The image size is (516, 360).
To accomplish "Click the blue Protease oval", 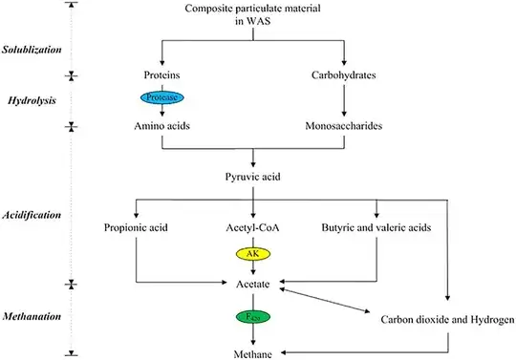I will click(x=165, y=97).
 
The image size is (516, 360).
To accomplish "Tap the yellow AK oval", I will click(x=251, y=255).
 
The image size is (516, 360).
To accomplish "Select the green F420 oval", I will click(x=251, y=316).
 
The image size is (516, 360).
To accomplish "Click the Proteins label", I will click(x=164, y=74).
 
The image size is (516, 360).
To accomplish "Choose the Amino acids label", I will click(x=164, y=125).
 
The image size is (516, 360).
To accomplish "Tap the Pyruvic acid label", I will click(x=252, y=177).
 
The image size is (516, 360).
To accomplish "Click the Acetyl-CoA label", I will click(x=252, y=227).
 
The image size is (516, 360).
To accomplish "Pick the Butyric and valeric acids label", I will click(x=376, y=227).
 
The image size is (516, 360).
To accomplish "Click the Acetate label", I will click(x=252, y=285).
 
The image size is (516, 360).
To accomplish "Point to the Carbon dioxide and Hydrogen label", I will click(x=447, y=319).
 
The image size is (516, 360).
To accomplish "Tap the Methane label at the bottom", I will click(x=252, y=353).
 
